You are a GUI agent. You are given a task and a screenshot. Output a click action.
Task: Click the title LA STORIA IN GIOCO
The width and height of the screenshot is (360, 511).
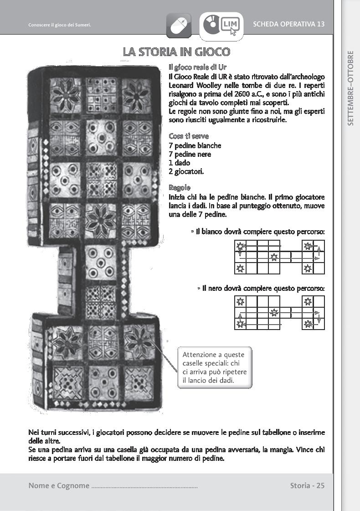(176, 52)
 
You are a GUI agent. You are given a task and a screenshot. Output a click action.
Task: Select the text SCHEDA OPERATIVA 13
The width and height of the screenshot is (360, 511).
(288, 24)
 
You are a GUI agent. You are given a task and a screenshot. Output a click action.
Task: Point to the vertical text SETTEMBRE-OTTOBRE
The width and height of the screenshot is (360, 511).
(350, 88)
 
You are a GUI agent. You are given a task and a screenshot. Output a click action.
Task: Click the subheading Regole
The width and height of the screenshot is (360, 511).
(180, 188)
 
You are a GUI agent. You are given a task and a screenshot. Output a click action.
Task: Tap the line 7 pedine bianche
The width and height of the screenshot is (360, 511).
(195, 145)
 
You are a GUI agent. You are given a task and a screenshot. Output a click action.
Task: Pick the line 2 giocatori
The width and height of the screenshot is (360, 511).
(186, 171)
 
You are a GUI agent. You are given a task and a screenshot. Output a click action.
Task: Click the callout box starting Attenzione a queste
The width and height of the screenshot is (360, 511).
(214, 367)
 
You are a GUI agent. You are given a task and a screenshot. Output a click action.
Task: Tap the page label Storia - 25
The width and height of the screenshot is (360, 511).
(307, 485)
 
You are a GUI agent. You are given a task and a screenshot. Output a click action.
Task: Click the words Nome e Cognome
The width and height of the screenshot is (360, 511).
(59, 485)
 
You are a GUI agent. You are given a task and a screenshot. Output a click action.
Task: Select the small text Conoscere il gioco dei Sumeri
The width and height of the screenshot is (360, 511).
(59, 25)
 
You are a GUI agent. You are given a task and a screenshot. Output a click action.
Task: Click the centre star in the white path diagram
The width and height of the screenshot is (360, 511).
(274, 257)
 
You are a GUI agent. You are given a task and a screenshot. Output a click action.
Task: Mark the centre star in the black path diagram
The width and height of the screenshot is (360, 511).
(274, 313)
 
